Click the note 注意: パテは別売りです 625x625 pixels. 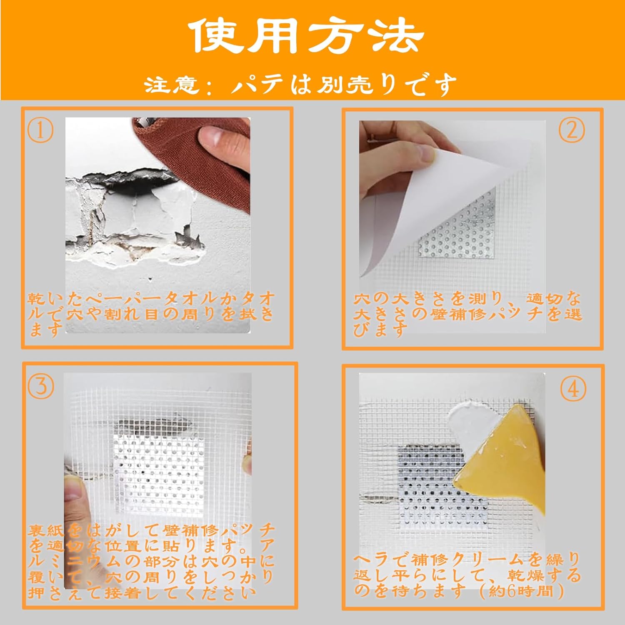pos(300,85)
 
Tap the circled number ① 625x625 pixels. pos(40,130)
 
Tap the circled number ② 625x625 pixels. pos(572,130)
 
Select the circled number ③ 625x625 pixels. pos(40,386)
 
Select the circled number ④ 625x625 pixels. pos(573,390)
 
